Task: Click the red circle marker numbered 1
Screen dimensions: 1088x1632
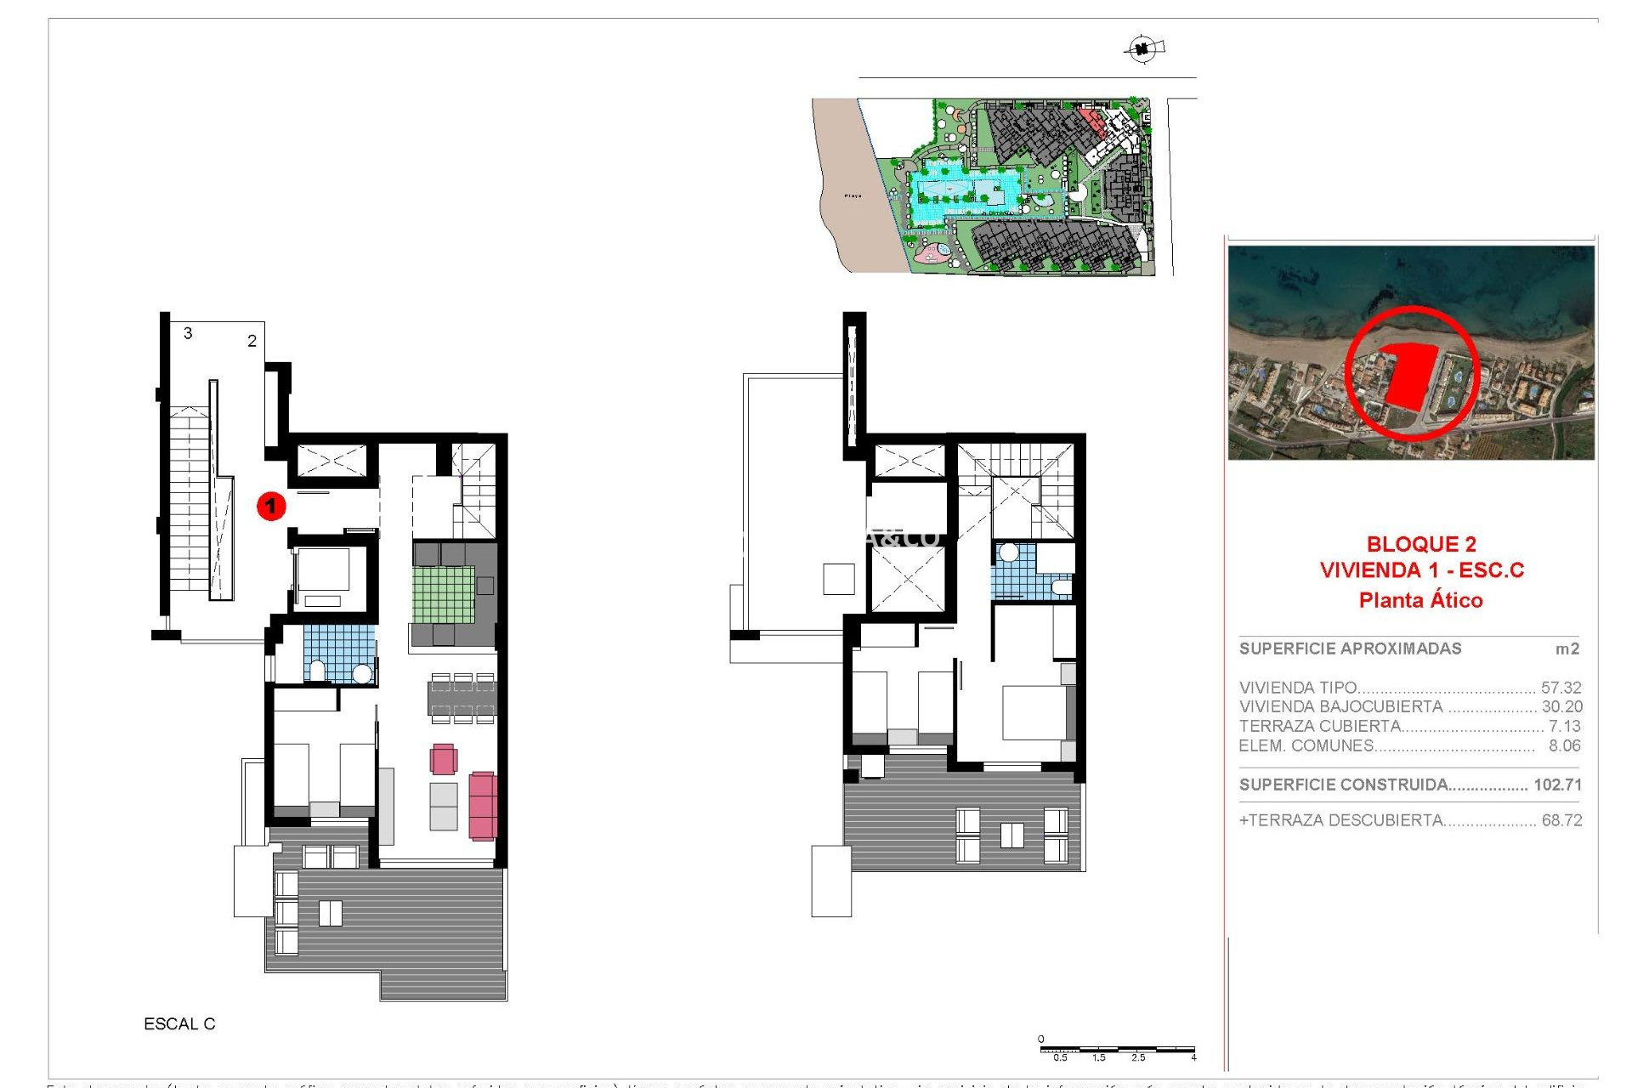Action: pos(271,507)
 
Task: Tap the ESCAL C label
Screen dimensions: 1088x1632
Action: pos(179,1024)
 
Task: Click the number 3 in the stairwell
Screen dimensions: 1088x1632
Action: pos(188,333)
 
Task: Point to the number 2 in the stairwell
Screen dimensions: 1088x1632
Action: pos(252,341)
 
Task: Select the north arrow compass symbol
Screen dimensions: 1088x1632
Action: pos(1142,48)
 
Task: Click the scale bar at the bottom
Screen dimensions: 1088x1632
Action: pos(1117,1051)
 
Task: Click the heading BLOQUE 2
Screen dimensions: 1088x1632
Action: pos(1421,544)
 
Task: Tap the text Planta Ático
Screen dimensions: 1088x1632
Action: pos(1420,600)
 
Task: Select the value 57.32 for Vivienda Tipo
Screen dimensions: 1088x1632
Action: pos(1561,688)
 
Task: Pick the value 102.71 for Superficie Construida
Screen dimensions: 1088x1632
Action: pos(1557,785)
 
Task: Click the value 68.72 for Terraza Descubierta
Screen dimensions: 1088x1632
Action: pos(1561,820)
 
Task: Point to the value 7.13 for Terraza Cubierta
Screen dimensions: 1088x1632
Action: pos(1564,726)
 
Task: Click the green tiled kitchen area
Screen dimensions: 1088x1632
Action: pos(444,594)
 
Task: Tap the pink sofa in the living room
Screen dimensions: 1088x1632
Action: pos(483,805)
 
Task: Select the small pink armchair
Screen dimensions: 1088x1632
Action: pos(444,759)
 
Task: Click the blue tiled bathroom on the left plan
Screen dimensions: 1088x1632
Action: pos(340,652)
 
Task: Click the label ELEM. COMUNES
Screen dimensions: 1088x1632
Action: pos(1306,745)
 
